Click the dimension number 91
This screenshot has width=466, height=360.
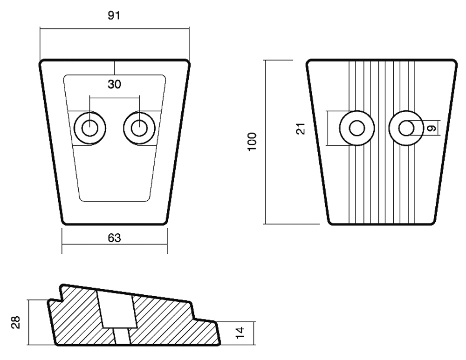click(114, 15)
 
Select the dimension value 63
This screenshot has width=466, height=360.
click(115, 238)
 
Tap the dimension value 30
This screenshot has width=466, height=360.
click(115, 84)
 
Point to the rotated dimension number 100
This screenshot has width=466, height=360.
click(252, 142)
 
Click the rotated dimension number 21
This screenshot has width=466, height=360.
click(301, 129)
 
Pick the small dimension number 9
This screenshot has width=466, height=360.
click(432, 128)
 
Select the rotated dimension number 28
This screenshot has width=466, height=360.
click(16, 322)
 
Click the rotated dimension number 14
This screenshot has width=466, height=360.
click(240, 333)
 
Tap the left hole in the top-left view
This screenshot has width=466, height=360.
click(90, 129)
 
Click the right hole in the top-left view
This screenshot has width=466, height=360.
click(139, 129)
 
